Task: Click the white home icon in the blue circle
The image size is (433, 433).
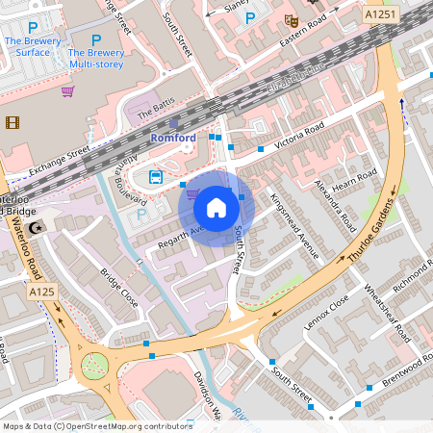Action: click(x=216, y=207)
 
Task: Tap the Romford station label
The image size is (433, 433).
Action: click(x=173, y=138)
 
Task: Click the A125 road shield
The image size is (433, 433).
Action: click(x=41, y=292)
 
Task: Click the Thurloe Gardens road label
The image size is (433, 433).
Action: click(x=370, y=230)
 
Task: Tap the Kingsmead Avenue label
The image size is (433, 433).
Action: click(x=294, y=225)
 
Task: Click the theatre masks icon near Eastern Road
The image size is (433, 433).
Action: click(x=292, y=19)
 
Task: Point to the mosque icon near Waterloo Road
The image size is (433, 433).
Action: click(x=37, y=227)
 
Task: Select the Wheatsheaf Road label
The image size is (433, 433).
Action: click(x=386, y=309)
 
